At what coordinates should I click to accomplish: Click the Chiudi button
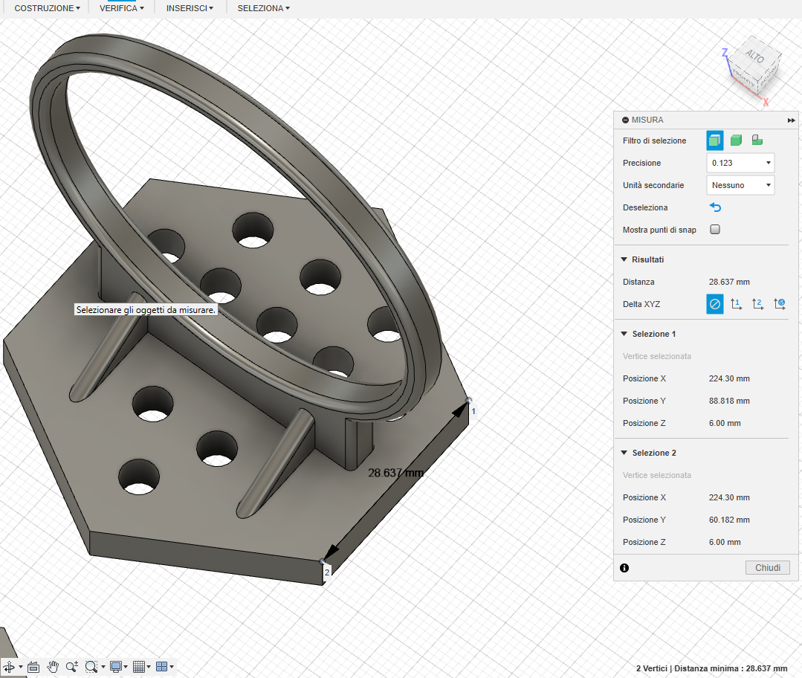pos(767,568)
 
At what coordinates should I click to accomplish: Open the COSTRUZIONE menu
pos(47,8)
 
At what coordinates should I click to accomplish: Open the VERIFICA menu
pos(121,8)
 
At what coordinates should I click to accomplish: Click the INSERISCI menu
pos(190,8)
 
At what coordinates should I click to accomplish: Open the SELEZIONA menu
pos(263,8)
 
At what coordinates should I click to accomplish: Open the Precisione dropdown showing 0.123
pos(740,163)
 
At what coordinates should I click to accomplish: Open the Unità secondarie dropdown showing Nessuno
pos(740,185)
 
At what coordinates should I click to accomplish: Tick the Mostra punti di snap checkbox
pos(715,230)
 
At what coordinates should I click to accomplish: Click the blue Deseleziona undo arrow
pos(715,207)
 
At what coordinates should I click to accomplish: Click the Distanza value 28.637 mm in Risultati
pos(729,282)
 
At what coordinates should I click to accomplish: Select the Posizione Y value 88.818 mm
pos(729,401)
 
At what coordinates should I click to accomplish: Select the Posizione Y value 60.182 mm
pos(729,520)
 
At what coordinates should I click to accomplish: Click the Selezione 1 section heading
pos(653,334)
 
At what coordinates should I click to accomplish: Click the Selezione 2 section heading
pos(653,453)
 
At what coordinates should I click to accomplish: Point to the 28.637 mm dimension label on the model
pos(396,473)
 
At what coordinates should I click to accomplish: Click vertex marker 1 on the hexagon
pos(469,401)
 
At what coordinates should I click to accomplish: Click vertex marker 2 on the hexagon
pos(322,561)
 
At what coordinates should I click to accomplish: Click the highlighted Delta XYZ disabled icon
pos(714,304)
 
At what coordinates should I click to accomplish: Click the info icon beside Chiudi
pos(624,568)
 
